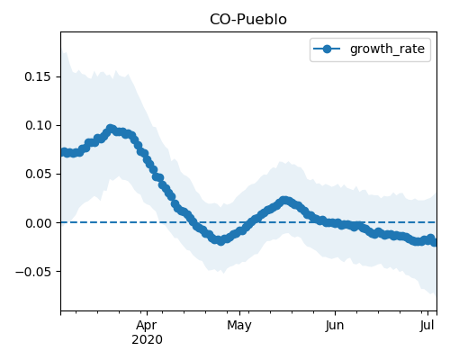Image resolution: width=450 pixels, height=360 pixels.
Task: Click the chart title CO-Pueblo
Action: click(248, 20)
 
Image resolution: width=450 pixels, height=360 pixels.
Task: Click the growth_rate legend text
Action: click(387, 49)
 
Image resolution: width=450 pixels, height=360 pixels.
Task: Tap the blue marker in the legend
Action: click(327, 49)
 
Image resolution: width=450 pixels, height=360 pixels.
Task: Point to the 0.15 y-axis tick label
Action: click(38, 76)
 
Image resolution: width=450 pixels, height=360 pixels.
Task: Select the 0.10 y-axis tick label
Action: click(38, 125)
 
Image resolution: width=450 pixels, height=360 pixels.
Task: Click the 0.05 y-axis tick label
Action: click(38, 174)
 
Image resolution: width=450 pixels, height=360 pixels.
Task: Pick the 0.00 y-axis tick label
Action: click(38, 223)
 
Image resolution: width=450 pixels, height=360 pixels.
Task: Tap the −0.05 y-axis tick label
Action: click(33, 272)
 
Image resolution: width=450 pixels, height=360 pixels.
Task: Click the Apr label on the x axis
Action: click(147, 326)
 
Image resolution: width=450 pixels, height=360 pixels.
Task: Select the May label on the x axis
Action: click(239, 326)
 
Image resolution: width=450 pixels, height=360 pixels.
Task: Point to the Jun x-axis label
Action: click(335, 326)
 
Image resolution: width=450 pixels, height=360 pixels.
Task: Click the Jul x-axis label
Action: click(427, 326)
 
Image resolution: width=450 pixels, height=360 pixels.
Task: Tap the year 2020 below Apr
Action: click(147, 339)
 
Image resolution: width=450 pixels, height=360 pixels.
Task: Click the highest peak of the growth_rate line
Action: click(111, 130)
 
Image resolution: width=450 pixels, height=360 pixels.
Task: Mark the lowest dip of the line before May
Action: click(220, 240)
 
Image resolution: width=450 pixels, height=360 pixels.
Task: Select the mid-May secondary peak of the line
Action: click(284, 201)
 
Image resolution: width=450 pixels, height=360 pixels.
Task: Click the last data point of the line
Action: click(435, 242)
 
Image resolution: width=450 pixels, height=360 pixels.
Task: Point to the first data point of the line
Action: click(63, 152)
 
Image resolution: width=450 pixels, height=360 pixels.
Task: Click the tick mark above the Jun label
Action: click(335, 313)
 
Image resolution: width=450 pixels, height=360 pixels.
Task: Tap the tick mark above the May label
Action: click(239, 313)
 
